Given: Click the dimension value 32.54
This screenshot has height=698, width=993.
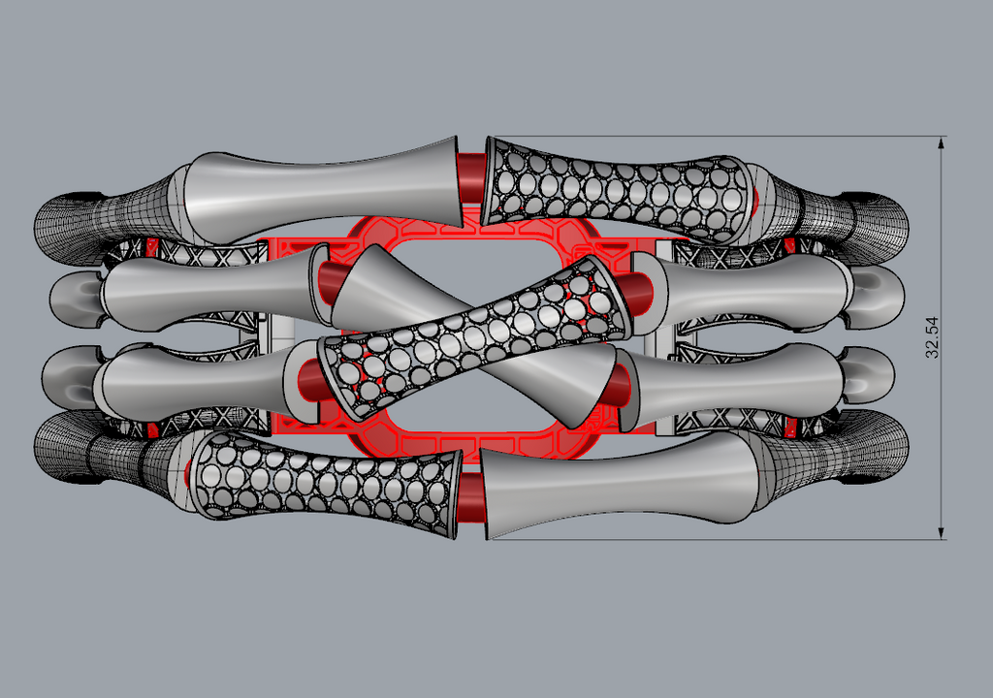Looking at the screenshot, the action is (932, 337).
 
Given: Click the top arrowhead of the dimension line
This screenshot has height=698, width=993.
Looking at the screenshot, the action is (941, 143).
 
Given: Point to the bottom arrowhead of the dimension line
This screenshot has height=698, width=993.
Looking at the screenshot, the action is (941, 532).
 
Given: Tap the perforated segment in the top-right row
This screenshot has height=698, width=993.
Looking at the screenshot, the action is (618, 189).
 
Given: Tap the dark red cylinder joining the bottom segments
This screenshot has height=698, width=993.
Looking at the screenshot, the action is (470, 498).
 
